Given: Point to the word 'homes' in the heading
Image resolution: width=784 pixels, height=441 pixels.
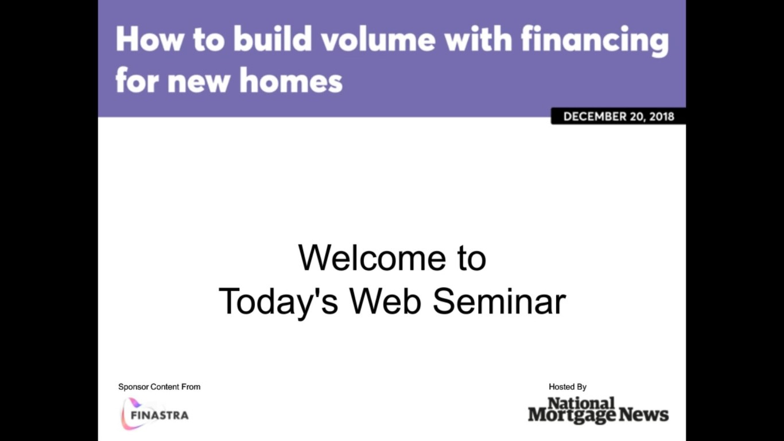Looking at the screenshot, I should point(291,81).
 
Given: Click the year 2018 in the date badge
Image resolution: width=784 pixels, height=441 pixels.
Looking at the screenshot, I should point(662,117).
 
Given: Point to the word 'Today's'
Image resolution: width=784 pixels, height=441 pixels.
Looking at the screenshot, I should point(278,301).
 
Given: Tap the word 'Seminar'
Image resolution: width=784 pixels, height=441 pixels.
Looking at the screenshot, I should point(499,301).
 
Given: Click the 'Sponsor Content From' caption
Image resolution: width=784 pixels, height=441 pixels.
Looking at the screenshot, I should point(159,387).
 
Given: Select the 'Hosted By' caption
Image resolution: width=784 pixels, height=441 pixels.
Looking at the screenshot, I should point(567,387).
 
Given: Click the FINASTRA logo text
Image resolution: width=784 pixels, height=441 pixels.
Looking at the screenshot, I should point(160,415).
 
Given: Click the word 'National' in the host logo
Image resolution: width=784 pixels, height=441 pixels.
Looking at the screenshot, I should point(581,403).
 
